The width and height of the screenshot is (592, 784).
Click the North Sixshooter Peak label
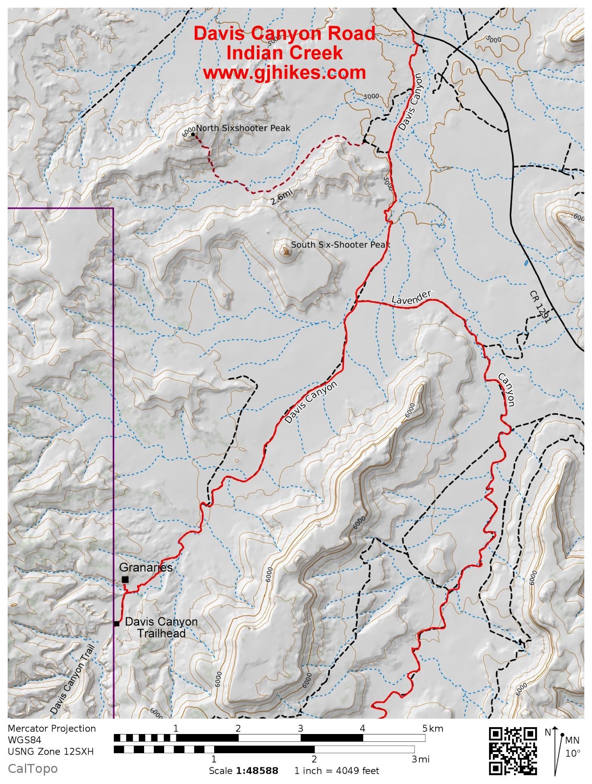pyautogui.click(x=243, y=128)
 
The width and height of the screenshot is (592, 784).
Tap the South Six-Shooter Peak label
pyautogui.click(x=340, y=245)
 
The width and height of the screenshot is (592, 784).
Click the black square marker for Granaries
pyautogui.click(x=125, y=580)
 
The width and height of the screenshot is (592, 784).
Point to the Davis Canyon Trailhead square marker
pyautogui.click(x=117, y=624)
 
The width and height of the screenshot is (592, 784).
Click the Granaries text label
pyautogui.click(x=146, y=567)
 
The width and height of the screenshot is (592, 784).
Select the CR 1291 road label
pyautogui.click(x=540, y=307)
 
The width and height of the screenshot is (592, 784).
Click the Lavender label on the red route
pyautogui.click(x=411, y=298)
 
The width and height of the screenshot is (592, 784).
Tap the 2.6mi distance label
pyautogui.click(x=281, y=197)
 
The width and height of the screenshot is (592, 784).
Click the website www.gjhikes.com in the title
pyautogui.click(x=284, y=73)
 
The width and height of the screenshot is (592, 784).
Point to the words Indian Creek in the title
pyautogui.click(x=284, y=52)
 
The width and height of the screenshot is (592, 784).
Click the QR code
pyautogui.click(x=513, y=751)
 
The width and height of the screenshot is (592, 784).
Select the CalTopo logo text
pyautogui.click(x=32, y=769)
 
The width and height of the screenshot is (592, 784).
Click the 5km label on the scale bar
pyautogui.click(x=433, y=729)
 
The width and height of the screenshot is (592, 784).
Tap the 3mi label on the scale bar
pyautogui.click(x=420, y=759)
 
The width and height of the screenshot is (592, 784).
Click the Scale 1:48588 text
pyautogui.click(x=244, y=771)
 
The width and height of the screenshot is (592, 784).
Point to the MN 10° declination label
pyautogui.click(x=572, y=746)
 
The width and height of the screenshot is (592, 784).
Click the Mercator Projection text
pyautogui.click(x=52, y=729)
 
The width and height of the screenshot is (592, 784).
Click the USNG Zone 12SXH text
pyautogui.click(x=50, y=751)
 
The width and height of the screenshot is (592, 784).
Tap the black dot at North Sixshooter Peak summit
pyautogui.click(x=193, y=134)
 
